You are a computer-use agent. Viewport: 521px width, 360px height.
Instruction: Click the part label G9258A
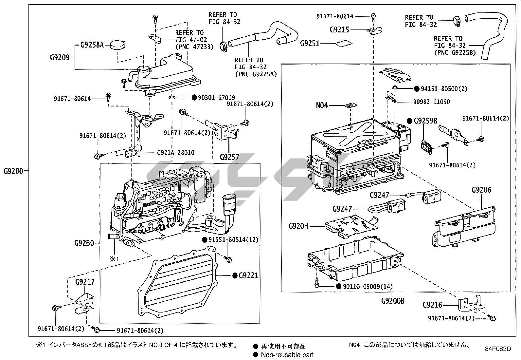(92, 45)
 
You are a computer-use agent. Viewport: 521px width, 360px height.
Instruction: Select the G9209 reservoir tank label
(60, 58)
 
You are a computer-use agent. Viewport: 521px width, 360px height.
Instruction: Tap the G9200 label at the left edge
(14, 171)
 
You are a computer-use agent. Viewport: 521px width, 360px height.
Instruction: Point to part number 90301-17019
(216, 97)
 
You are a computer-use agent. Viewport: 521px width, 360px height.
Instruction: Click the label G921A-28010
(175, 153)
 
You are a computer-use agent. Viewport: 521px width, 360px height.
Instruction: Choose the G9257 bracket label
(229, 157)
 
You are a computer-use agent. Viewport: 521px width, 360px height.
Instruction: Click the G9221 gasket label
(248, 275)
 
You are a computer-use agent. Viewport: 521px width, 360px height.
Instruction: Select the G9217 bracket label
(85, 282)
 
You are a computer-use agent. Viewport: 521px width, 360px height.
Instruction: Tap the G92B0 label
(84, 243)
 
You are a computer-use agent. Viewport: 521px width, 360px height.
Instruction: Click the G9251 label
(310, 43)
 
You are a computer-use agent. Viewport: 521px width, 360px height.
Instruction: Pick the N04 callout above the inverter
(322, 105)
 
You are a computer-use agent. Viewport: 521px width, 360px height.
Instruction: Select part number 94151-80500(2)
(444, 89)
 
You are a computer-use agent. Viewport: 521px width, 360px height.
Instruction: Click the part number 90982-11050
(431, 102)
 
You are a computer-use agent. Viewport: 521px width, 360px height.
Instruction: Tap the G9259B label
(425, 121)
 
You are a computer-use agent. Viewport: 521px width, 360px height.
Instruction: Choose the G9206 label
(481, 190)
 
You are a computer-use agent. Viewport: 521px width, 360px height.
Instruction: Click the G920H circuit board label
(298, 226)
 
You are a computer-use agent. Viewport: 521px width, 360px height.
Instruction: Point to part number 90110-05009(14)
(368, 287)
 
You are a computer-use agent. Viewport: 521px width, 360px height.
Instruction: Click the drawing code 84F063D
(498, 349)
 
